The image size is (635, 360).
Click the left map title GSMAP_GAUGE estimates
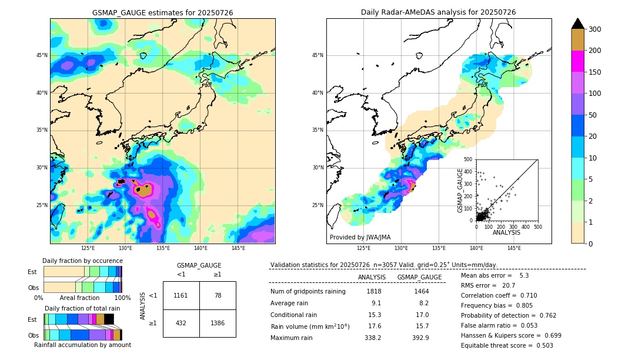pyautogui.click(x=162, y=12)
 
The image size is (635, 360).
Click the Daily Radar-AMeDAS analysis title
pyautogui.click(x=438, y=12)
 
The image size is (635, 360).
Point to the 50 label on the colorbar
pyautogui.click(x=593, y=115)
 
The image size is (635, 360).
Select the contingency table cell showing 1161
pyautogui.click(x=181, y=295)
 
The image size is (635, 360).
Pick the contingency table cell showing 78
pyautogui.click(x=218, y=295)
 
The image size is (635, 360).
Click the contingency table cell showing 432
pyautogui.click(x=181, y=324)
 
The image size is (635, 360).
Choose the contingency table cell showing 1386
pyautogui.click(x=218, y=324)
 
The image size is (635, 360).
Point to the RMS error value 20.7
pyautogui.click(x=509, y=285)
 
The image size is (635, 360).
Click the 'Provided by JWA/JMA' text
pyautogui.click(x=359, y=238)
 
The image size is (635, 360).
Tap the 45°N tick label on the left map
pyautogui.click(x=42, y=55)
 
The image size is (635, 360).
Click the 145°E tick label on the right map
pyautogui.click(x=514, y=249)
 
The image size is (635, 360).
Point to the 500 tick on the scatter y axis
pyautogui.click(x=468, y=159)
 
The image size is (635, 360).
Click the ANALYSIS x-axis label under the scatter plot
pyautogui.click(x=506, y=232)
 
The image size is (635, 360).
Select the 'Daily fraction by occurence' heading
pyautogui.click(x=82, y=261)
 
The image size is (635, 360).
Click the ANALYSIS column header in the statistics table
pyautogui.click(x=372, y=277)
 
